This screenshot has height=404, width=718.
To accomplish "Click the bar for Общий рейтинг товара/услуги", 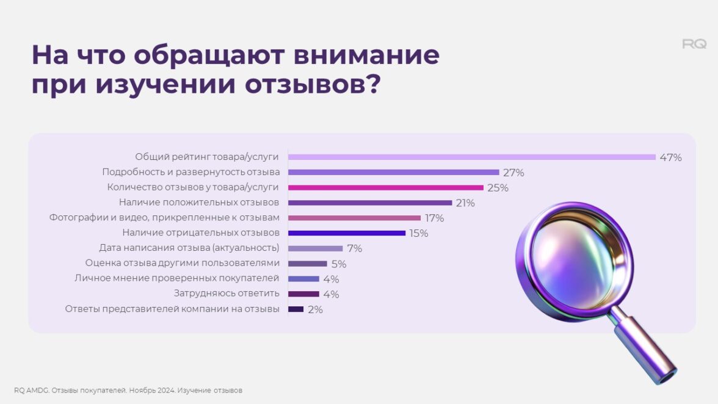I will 471,157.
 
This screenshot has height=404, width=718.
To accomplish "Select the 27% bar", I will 394,172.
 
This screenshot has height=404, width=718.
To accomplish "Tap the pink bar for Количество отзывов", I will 386,187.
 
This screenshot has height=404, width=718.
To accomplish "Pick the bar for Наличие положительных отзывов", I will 370,203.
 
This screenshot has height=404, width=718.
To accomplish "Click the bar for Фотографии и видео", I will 354,218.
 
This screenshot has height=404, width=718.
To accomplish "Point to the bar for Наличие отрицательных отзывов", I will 347,233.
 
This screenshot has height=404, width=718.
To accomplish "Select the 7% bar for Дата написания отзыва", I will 315,248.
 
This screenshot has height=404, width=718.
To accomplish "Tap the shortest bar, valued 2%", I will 296,309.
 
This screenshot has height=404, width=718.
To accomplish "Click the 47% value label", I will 670,157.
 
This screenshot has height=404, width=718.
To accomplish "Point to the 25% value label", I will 498,188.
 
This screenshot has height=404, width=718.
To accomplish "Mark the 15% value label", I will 418,234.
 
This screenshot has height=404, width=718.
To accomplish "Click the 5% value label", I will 339,264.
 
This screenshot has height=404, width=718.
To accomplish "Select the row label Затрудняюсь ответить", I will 227,294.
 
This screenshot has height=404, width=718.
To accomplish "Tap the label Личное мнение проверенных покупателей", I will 177,278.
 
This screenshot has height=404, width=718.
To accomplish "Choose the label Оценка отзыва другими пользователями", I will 183,263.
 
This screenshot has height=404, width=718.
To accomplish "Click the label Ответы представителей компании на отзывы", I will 172,309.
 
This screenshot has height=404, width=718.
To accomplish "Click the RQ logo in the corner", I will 694,44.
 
